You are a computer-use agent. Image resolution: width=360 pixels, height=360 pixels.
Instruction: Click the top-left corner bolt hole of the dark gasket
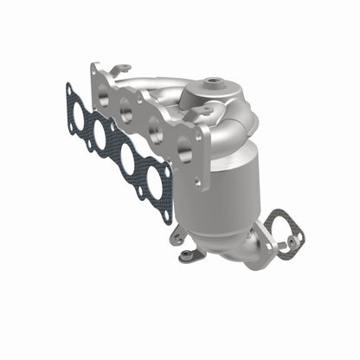[69, 87]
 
